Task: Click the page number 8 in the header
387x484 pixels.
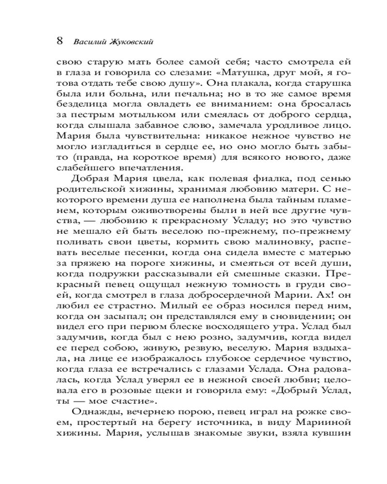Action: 60,40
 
